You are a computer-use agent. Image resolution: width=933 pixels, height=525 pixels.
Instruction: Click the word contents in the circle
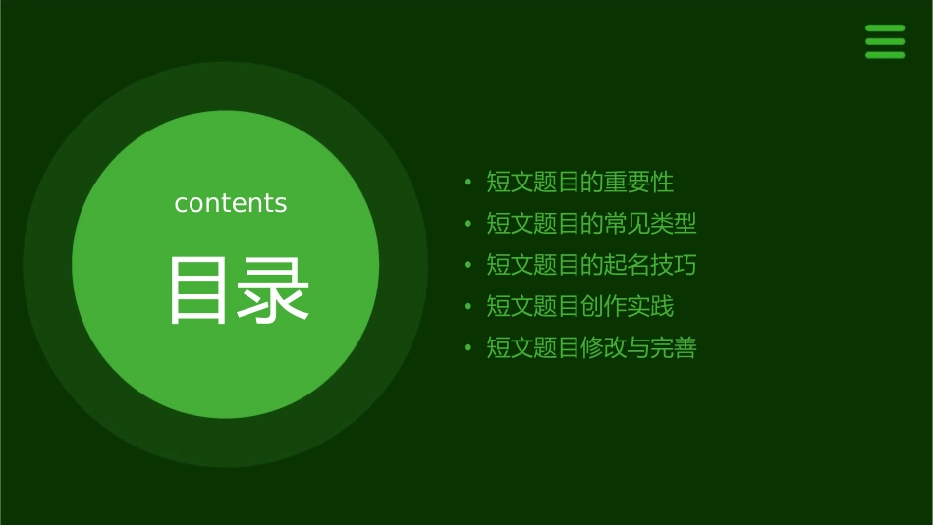[231, 203]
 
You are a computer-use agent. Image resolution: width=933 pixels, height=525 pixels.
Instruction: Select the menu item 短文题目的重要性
[580, 183]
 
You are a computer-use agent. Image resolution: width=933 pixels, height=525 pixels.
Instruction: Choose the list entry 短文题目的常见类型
[591, 224]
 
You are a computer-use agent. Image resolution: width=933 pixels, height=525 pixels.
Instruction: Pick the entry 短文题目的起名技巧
[591, 265]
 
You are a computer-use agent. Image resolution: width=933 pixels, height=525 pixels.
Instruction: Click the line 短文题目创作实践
[580, 306]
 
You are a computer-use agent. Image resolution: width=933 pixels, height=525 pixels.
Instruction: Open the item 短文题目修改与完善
[591, 347]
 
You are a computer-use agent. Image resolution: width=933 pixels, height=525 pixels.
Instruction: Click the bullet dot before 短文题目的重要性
[468, 183]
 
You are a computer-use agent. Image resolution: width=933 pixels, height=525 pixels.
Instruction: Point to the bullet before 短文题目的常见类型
[468, 224]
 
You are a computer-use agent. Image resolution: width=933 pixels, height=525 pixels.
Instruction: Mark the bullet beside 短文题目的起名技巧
[468, 265]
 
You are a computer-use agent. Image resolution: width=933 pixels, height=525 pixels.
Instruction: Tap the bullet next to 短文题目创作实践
[468, 306]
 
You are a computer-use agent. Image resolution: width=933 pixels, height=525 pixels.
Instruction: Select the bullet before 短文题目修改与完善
[468, 347]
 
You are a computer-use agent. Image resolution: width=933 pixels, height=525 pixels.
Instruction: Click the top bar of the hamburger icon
[885, 28]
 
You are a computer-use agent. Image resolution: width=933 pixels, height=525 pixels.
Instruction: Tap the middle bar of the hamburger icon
[885, 41]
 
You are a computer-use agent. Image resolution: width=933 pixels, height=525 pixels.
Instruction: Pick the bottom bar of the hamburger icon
[885, 55]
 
